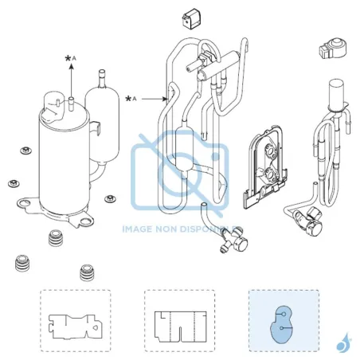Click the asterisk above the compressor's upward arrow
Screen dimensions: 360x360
pyautogui.click(x=68, y=59)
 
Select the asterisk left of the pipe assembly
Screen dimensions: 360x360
pyautogui.click(x=128, y=99)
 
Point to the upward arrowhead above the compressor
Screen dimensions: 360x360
pyautogui.click(x=72, y=66)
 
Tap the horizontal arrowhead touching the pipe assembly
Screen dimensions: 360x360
pyautogui.click(x=165, y=99)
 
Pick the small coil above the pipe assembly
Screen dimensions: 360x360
pyautogui.click(x=190, y=18)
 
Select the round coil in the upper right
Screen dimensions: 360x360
pyautogui.click(x=333, y=49)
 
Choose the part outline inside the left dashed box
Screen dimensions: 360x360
pyautogui.click(x=76, y=327)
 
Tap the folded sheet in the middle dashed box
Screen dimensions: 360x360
pyautogui.click(x=181, y=327)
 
